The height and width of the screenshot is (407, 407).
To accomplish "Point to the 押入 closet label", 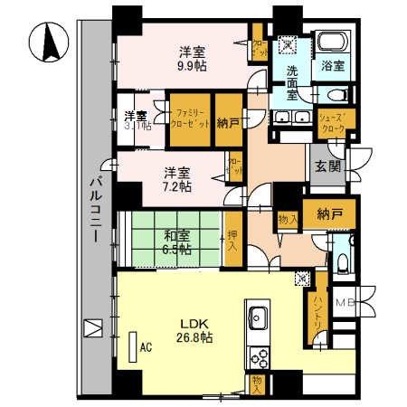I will click(233, 239).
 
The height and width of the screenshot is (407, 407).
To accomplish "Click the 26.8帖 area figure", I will click(194, 337).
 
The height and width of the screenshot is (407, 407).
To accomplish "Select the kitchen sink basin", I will click(258, 317).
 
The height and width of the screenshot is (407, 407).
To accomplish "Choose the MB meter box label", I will click(346, 303).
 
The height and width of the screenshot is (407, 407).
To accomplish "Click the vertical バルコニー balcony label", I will click(94, 212).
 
